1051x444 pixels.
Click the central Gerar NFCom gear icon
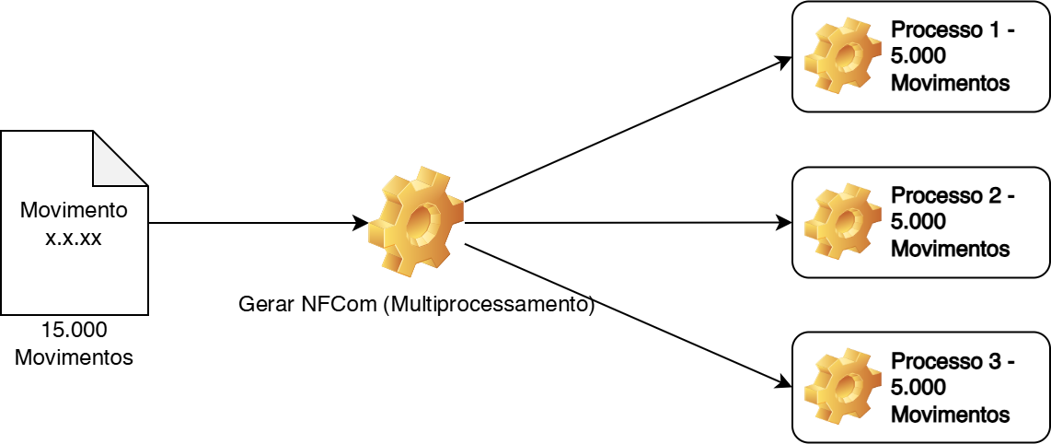click(x=416, y=222)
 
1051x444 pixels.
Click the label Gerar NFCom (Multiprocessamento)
click(x=416, y=304)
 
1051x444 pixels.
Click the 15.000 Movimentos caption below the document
click(x=74, y=343)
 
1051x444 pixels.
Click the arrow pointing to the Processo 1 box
click(x=626, y=130)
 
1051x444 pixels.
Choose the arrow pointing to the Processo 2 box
click(x=626, y=223)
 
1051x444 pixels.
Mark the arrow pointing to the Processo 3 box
click(x=626, y=313)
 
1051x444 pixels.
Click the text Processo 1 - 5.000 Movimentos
click(x=952, y=56)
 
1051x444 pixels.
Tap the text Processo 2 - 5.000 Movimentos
click(x=952, y=222)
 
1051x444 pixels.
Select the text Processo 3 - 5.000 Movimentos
click(x=952, y=387)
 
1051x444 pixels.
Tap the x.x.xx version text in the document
click(x=74, y=237)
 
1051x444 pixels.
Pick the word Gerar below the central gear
click(x=266, y=304)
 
